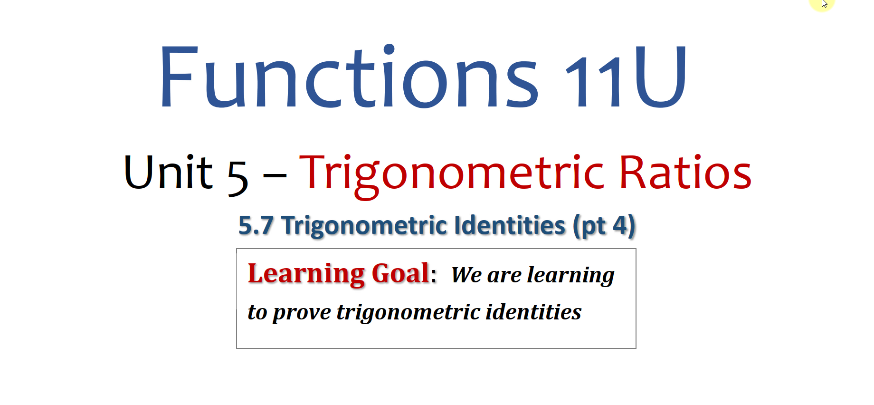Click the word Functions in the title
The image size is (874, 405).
pyautogui.click(x=350, y=77)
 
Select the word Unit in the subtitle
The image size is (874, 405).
pyautogui.click(x=168, y=172)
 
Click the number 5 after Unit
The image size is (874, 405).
pyautogui.click(x=237, y=177)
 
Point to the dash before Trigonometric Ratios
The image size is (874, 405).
pyautogui.click(x=275, y=175)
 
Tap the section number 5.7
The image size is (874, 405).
pyautogui.click(x=256, y=225)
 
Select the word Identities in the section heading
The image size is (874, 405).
pyautogui.click(x=510, y=225)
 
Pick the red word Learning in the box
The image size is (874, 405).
pyautogui.click(x=306, y=275)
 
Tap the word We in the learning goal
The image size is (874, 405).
pyautogui.click(x=466, y=275)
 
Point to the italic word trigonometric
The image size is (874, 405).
pyautogui.click(x=408, y=313)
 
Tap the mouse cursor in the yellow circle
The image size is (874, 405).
pyautogui.click(x=825, y=4)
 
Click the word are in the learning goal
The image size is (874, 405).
pyautogui.click(x=504, y=276)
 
